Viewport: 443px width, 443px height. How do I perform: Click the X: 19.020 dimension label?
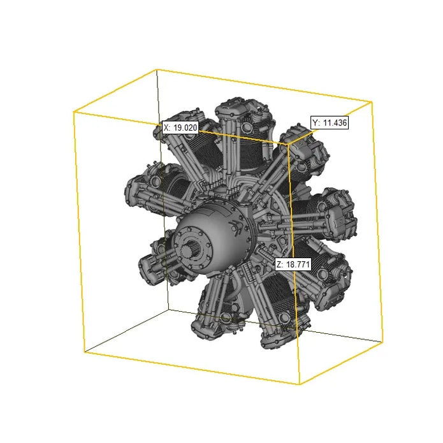point(180,127)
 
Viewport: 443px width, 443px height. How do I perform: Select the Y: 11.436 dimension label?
point(330,123)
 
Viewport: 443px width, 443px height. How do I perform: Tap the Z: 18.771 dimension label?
point(293,265)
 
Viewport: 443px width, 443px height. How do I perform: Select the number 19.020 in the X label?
point(185,127)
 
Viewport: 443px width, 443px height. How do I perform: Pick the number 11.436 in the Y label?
point(335,123)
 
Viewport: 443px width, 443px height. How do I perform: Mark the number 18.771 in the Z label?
point(298,265)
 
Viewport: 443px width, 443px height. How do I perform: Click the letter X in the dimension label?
point(166,127)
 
